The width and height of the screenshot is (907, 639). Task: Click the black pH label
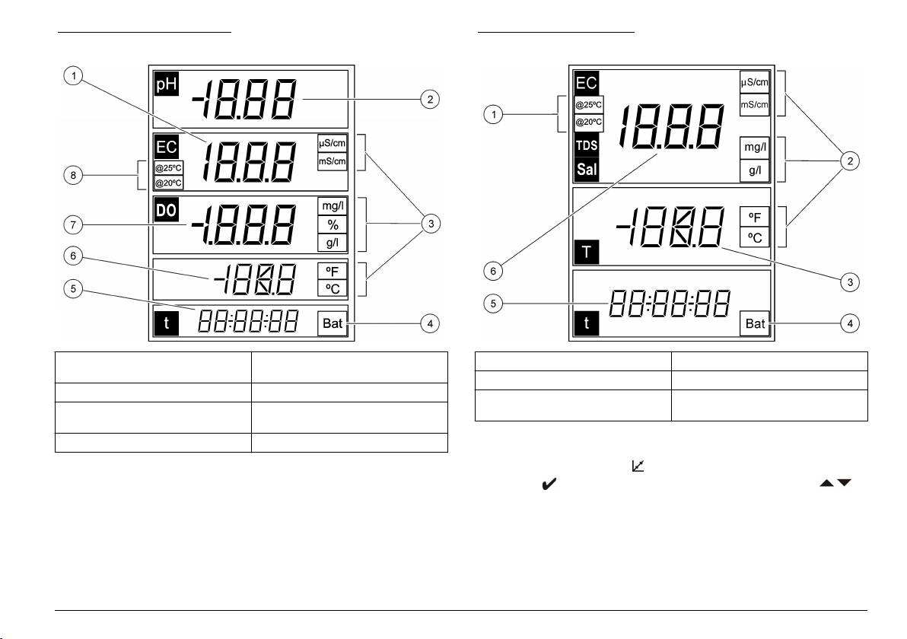(x=167, y=84)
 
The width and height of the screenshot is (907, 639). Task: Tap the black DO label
(x=167, y=209)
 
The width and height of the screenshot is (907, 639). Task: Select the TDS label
(x=587, y=145)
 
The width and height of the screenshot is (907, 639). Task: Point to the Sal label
(x=587, y=170)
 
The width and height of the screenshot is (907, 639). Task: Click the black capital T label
(x=587, y=252)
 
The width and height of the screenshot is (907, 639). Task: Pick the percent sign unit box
(x=333, y=224)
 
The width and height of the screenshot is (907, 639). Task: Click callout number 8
(x=73, y=175)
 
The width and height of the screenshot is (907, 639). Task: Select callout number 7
(x=73, y=224)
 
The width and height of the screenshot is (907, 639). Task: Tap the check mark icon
(x=549, y=484)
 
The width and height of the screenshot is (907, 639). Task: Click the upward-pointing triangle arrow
(x=826, y=483)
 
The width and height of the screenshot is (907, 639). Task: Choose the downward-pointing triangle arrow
(x=845, y=483)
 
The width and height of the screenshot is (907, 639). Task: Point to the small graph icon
(x=638, y=466)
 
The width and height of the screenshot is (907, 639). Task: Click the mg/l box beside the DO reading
(x=333, y=206)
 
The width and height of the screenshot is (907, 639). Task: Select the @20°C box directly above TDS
(x=589, y=122)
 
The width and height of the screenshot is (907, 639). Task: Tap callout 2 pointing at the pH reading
(x=430, y=100)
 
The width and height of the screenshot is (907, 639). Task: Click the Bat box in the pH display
(x=333, y=323)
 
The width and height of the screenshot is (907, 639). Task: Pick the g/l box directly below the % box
(x=333, y=243)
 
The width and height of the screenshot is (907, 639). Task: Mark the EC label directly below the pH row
(x=167, y=147)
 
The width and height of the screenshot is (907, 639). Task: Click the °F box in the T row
(x=755, y=218)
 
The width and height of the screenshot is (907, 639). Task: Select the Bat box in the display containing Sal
(x=755, y=323)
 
